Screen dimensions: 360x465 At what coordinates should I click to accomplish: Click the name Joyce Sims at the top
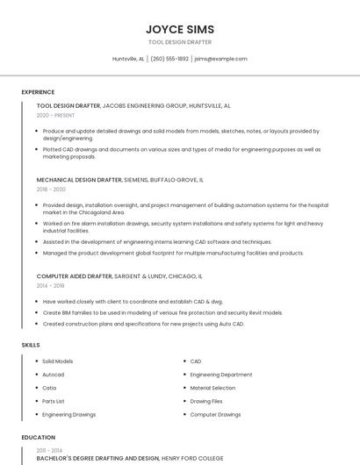(179, 29)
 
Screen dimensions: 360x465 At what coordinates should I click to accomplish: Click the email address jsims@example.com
(220, 59)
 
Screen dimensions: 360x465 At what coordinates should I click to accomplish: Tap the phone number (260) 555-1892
(169, 59)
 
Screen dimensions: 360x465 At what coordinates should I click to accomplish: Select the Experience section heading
(38, 91)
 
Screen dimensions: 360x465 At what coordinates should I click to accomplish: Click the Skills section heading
(31, 345)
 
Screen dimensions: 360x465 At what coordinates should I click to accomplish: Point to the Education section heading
(38, 437)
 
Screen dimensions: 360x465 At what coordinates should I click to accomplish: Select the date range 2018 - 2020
(51, 189)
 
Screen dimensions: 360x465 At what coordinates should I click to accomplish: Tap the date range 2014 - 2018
(50, 286)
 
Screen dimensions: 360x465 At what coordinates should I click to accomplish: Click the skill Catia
(50, 387)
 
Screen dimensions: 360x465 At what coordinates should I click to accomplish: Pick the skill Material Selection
(212, 387)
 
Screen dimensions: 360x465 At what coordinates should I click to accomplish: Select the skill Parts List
(54, 400)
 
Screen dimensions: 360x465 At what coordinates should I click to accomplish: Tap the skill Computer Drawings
(215, 413)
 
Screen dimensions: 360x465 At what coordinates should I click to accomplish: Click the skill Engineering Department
(221, 374)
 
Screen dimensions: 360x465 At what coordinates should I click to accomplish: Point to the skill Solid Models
(58, 361)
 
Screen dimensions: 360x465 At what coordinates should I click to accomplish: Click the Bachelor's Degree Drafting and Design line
(97, 458)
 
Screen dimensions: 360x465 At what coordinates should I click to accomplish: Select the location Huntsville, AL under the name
(129, 59)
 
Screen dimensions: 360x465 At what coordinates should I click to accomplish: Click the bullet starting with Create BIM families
(162, 311)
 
